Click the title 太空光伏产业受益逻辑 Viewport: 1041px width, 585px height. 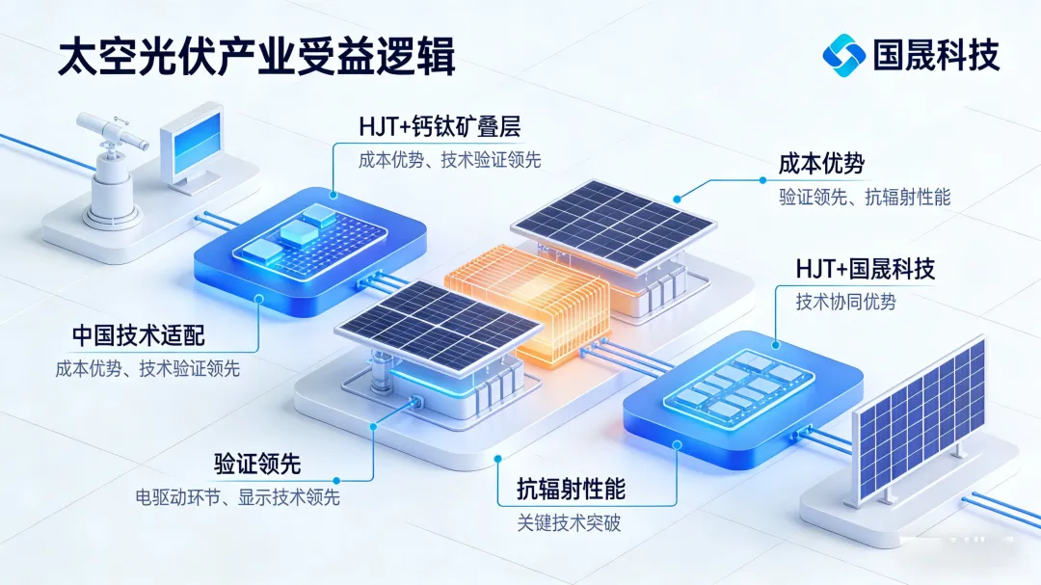(x=255, y=57)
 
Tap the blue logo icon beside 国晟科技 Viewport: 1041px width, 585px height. (x=843, y=52)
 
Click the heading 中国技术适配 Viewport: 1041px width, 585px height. (x=139, y=335)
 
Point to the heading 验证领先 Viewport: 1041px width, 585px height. (x=257, y=464)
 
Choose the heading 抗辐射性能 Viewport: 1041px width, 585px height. (x=563, y=489)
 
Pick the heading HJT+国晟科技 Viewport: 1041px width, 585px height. (x=865, y=268)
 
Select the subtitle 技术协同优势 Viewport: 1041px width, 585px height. (x=845, y=302)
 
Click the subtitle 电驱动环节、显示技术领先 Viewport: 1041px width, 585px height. (x=237, y=497)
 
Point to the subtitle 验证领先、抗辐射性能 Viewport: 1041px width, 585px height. (x=865, y=198)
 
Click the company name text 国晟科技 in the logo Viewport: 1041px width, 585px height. (x=936, y=53)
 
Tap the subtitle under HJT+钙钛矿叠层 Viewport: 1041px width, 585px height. (x=449, y=161)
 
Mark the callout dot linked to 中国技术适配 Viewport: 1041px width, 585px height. (x=258, y=299)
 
